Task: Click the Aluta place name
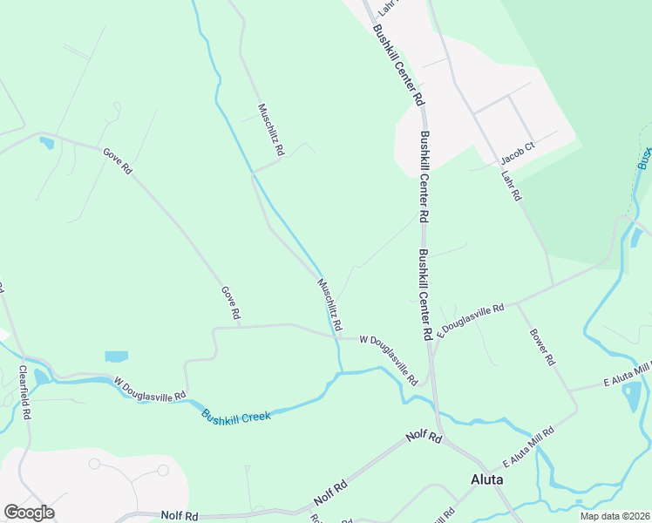coord(487,479)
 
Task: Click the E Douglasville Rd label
coord(471,321)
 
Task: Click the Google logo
coord(29,513)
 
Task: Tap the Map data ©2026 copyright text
coord(615,516)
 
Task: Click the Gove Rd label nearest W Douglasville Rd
coord(230,303)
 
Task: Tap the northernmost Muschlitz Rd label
coord(270,130)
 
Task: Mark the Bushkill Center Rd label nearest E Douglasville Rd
coord(425,295)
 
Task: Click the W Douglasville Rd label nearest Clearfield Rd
coord(151,388)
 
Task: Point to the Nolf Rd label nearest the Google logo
coord(179,516)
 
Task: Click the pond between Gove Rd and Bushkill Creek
coord(115,357)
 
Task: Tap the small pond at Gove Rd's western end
coord(46,143)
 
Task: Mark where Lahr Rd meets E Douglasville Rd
coord(553,285)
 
